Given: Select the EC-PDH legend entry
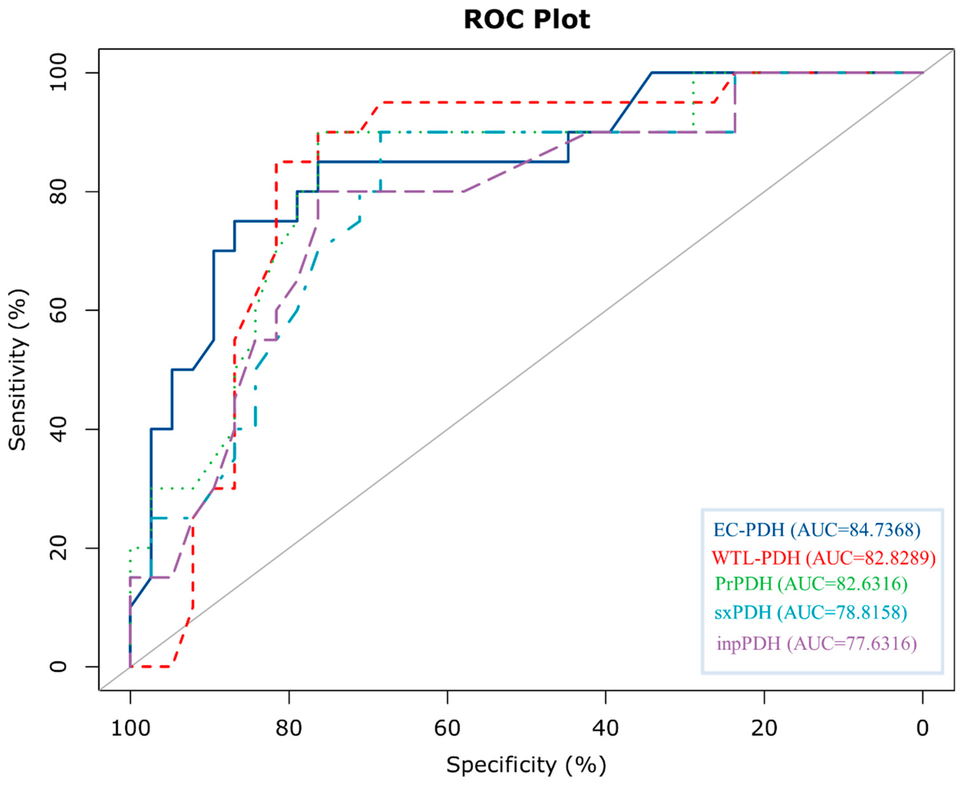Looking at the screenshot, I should click(x=817, y=530).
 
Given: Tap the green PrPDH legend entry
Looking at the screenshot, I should click(x=811, y=584).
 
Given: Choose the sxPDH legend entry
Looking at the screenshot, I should click(x=811, y=612).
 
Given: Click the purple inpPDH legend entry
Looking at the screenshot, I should click(x=817, y=643).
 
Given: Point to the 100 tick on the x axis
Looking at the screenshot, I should click(x=130, y=729).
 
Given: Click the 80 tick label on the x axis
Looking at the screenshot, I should click(x=289, y=729).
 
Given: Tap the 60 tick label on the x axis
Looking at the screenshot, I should click(x=447, y=729).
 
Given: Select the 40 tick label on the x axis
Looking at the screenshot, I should click(x=606, y=729).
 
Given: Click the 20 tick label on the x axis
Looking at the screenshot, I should click(x=765, y=729).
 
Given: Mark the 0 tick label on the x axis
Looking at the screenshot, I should click(x=922, y=729).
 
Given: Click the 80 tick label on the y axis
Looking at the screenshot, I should click(x=58, y=192).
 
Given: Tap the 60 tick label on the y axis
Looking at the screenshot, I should click(x=58, y=310).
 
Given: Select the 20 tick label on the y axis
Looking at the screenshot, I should click(x=58, y=548).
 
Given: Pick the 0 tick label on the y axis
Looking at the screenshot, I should click(x=58, y=666).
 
